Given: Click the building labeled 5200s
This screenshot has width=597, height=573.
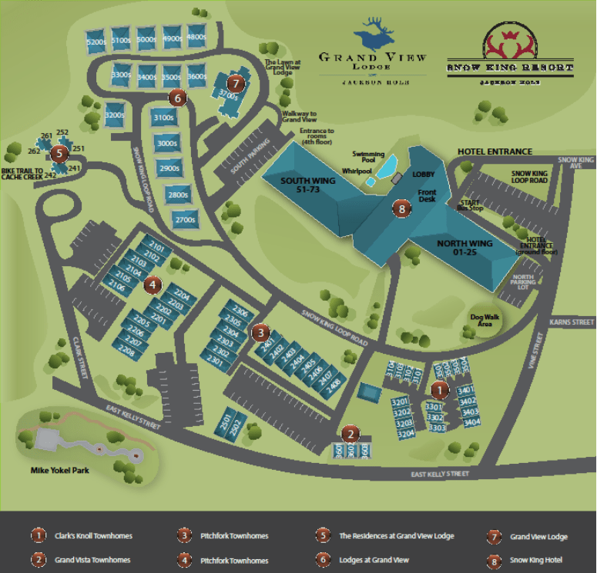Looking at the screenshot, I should coord(96,41).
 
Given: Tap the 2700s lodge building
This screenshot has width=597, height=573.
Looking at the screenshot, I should coord(184,220).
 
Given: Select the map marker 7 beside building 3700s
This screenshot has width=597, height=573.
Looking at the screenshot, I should coord(236,83).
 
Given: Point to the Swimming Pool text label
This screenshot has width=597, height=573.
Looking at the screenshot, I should coord(368,158).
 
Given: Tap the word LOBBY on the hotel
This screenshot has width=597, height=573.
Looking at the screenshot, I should coord(423,175).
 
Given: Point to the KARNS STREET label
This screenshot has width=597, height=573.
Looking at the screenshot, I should coord(572,322).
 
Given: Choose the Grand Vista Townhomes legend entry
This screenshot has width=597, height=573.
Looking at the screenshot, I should coord(91,561).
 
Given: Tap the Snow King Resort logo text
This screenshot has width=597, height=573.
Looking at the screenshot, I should coord(511,68).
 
